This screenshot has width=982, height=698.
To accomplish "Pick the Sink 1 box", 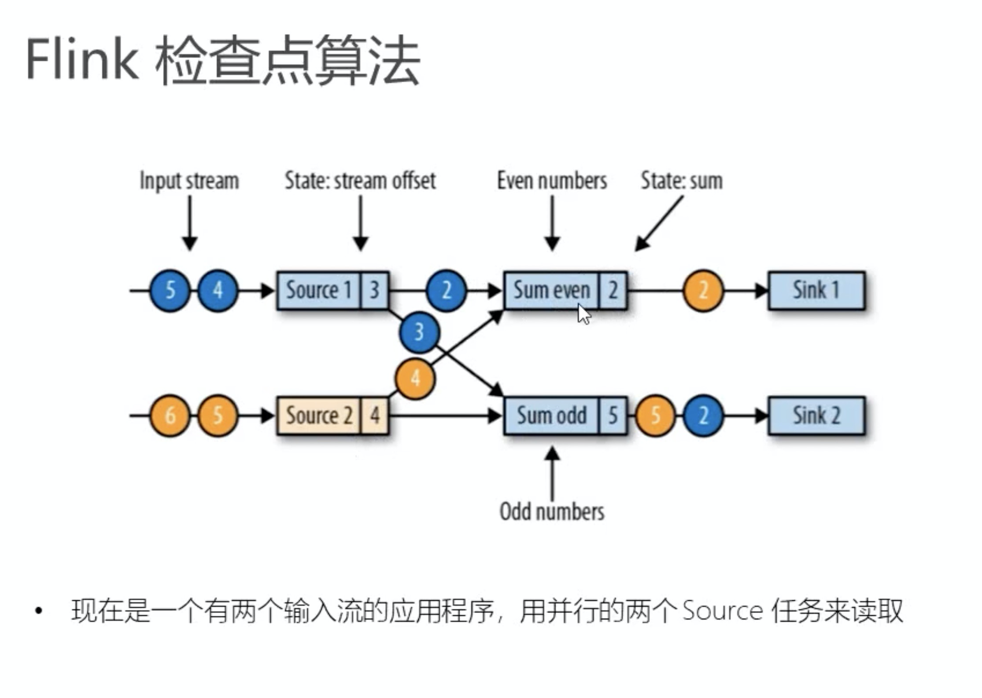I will tap(816, 290).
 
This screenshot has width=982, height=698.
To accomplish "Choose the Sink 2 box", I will tap(816, 415).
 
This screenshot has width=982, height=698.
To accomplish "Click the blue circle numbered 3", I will tap(419, 332).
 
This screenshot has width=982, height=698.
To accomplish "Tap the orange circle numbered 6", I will tap(170, 415).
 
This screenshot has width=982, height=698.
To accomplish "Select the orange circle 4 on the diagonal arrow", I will tap(415, 378).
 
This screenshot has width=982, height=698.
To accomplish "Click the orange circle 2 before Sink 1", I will tap(703, 290).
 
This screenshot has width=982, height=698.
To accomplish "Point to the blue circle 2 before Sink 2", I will tap(703, 415).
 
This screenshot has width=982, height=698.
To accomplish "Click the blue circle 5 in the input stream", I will tap(170, 290).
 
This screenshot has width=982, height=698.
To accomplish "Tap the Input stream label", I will tap(189, 181).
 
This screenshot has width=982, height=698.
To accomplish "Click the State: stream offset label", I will tap(360, 181).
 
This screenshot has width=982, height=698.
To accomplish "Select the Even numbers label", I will tap(552, 181).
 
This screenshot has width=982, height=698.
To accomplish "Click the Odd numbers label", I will tap(552, 512).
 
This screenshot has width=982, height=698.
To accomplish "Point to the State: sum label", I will tap(682, 181).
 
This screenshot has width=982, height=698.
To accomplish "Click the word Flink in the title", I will tap(82, 59).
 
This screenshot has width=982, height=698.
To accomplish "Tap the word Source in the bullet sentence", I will tap(722, 611).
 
